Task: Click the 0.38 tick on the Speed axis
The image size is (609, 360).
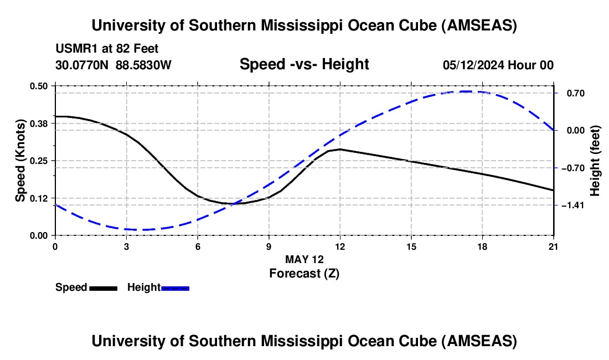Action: [40, 123]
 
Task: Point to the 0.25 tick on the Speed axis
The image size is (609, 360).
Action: [40, 161]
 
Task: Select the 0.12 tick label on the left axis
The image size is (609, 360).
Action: [40, 198]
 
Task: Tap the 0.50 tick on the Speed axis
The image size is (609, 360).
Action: [40, 86]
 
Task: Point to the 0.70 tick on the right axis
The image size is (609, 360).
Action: [571, 93]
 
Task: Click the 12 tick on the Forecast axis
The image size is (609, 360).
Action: [340, 246]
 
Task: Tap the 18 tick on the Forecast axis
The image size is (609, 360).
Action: [482, 246]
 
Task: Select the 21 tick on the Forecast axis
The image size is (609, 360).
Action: [554, 246]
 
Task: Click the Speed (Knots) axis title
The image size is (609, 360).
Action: [20, 161]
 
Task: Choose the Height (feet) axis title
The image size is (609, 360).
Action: [595, 161]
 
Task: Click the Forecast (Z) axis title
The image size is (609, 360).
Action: [304, 273]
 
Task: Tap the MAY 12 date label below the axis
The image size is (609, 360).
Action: [304, 259]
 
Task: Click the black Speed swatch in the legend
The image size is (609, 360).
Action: [103, 288]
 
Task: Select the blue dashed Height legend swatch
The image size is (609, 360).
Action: [176, 288]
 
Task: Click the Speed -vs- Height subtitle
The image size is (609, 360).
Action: [304, 64]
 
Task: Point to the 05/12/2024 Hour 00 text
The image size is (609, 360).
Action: [498, 65]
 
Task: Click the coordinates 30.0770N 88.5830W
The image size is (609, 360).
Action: [113, 65]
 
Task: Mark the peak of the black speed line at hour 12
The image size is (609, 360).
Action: [340, 149]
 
